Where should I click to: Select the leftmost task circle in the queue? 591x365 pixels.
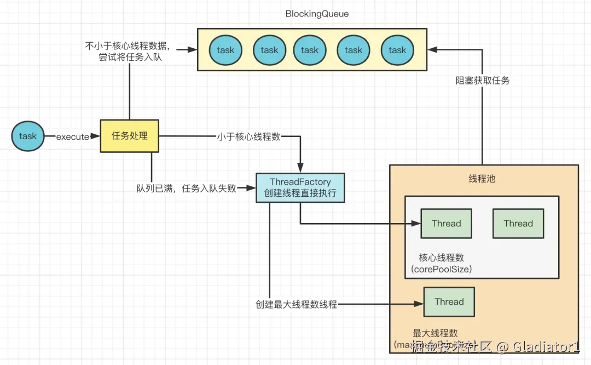225,50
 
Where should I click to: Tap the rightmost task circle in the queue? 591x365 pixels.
397,50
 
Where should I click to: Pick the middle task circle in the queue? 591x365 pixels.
309,50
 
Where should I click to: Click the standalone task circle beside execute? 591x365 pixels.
28,136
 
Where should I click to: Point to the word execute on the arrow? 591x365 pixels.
72,136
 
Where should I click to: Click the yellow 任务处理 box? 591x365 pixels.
130,136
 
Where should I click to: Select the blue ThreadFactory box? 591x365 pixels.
300,187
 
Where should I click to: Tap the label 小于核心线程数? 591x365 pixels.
248,136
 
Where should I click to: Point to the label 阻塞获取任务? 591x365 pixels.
482,80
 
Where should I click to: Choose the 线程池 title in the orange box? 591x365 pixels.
482,179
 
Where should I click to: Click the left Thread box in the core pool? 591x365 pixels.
446,224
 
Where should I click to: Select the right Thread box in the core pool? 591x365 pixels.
518,224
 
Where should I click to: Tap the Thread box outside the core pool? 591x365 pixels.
449,302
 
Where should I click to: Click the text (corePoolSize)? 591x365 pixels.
441,269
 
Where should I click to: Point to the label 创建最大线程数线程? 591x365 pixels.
296,305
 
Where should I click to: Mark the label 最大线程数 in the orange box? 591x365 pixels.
436,333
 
